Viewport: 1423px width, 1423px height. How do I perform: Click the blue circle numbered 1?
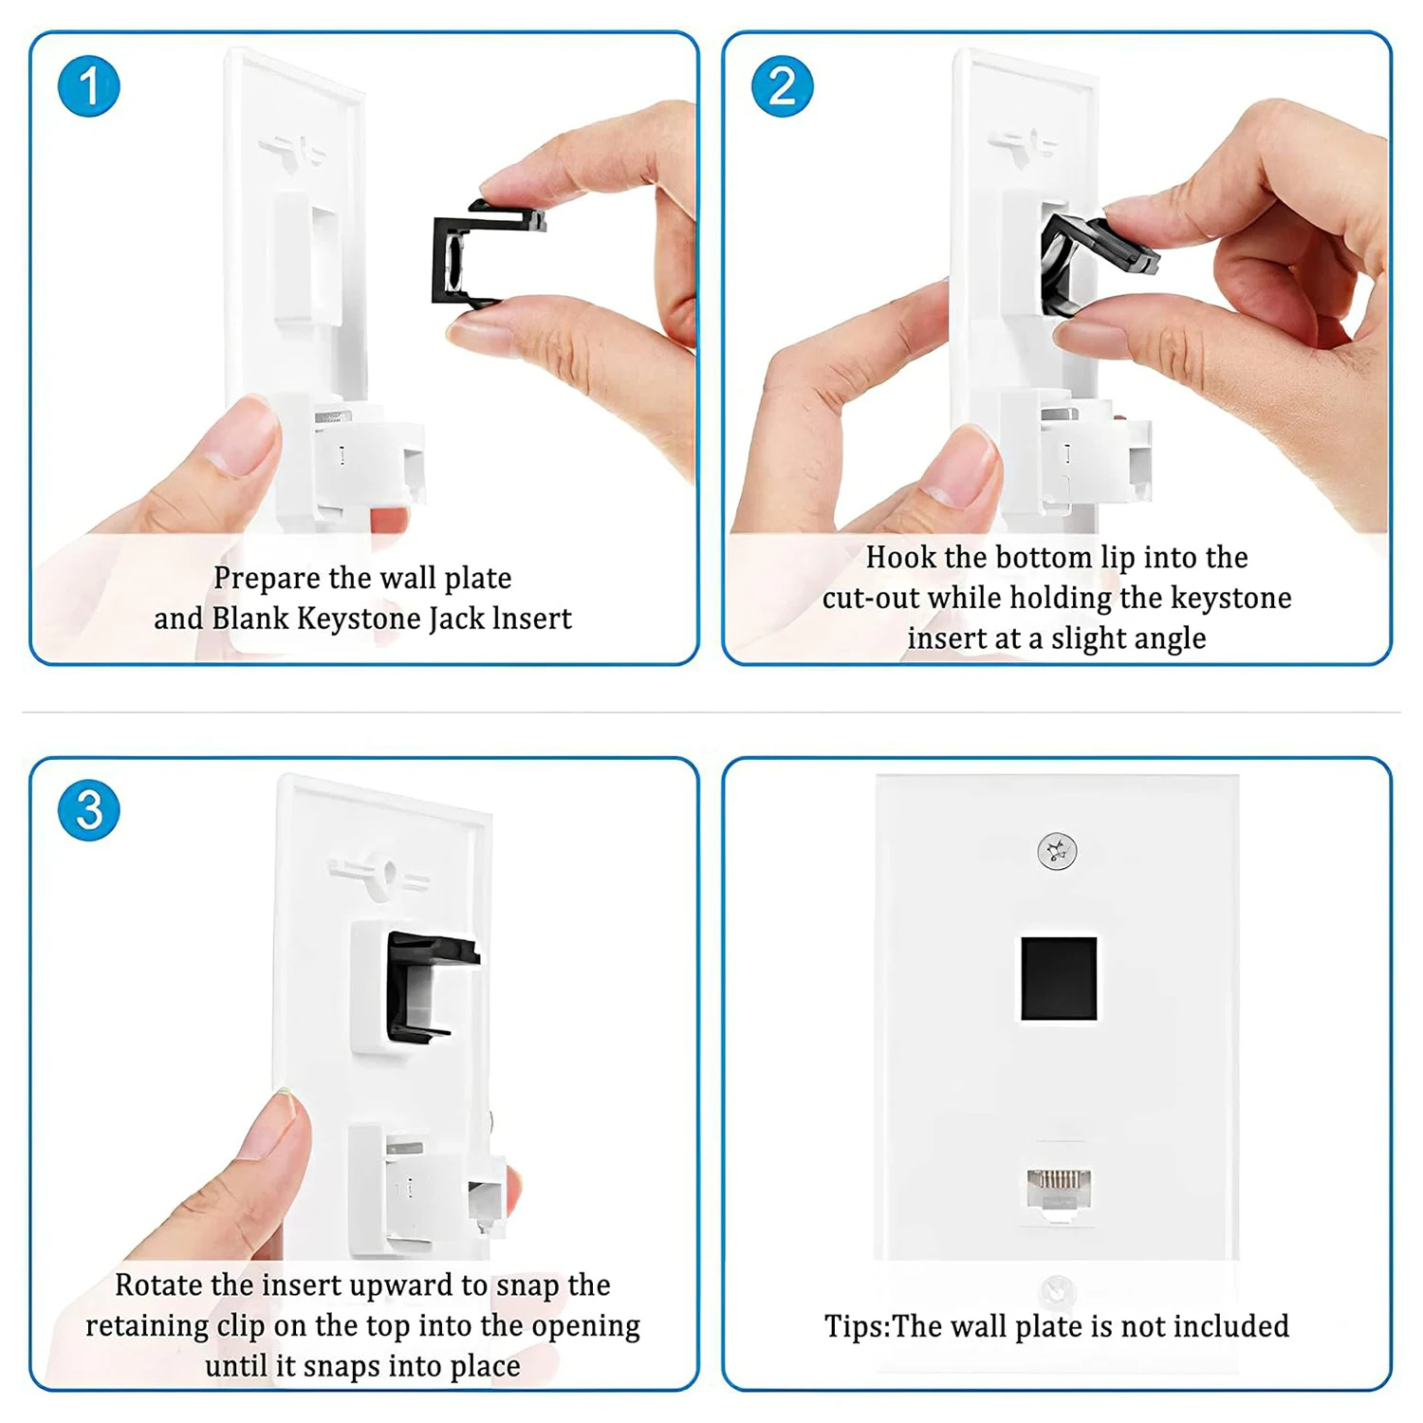point(88,86)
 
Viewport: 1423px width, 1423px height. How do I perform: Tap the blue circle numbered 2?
point(782,86)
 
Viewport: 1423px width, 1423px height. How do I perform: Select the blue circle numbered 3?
point(88,810)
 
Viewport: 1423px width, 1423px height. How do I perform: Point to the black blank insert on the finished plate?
point(1059,978)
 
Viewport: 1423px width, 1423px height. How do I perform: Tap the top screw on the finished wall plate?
point(1057,851)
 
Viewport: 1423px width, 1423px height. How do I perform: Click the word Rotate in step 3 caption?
point(158,1285)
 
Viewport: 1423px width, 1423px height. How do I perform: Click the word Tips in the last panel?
point(855,1326)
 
